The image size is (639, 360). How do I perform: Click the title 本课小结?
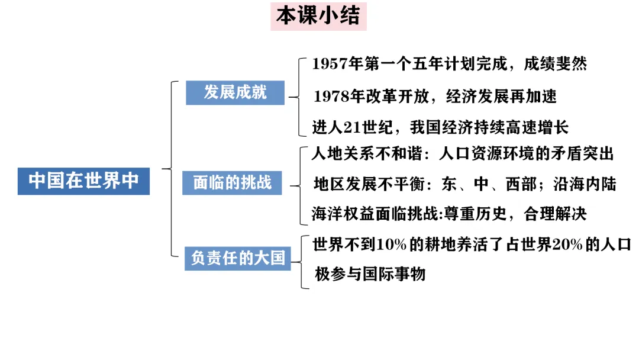318,16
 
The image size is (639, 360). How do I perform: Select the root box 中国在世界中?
83,181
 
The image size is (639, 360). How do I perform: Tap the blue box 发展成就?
235,92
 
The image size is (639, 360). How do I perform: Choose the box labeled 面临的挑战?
232,182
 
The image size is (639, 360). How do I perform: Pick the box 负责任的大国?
237,258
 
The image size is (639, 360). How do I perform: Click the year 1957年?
337,64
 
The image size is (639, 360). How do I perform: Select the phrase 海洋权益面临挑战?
372,214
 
